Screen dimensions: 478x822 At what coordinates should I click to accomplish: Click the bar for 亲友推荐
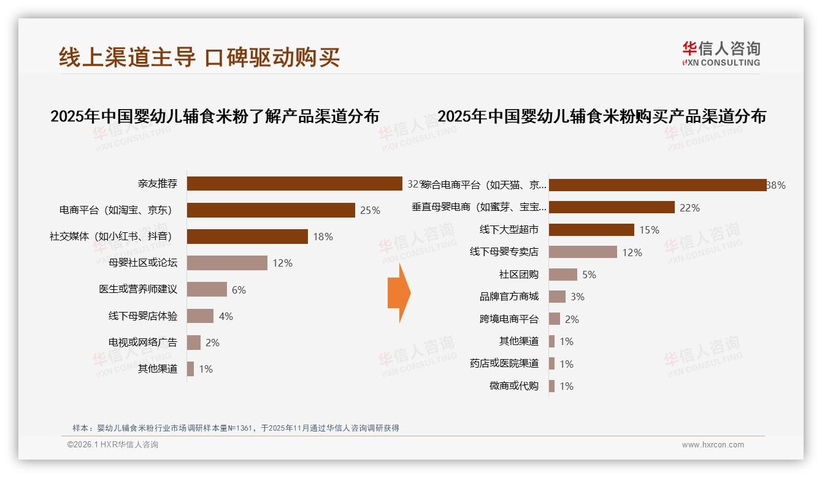coord(294,184)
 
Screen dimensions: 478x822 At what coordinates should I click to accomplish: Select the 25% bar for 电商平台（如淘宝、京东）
coord(271,210)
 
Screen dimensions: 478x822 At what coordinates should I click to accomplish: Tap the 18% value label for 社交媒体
coord(323,237)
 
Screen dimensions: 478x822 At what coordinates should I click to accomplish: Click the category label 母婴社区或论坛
coord(143,263)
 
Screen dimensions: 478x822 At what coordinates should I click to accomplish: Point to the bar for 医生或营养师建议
coord(207,289)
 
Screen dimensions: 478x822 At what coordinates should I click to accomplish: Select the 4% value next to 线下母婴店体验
coord(226,316)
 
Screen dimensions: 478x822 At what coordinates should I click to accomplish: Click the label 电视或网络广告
coord(143,343)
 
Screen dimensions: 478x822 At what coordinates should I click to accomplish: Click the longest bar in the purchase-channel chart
coord(657,185)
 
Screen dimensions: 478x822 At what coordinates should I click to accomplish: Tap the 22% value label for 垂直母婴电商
coord(689,208)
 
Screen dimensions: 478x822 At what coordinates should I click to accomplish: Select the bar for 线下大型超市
coord(591,230)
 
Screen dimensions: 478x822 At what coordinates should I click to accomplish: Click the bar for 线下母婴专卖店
coord(583,252)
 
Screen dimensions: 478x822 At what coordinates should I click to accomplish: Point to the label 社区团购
coord(519,275)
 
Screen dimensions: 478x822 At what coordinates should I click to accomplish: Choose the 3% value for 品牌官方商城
coord(577,297)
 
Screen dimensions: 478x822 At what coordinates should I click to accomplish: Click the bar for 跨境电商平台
coord(555,319)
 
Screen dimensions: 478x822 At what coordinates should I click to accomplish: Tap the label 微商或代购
coord(514,386)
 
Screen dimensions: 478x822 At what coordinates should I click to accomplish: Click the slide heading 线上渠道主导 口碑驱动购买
coord(199,57)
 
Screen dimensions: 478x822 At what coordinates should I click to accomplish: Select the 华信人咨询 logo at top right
coord(721,53)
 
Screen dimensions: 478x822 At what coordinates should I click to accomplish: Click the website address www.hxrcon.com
coord(713,445)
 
